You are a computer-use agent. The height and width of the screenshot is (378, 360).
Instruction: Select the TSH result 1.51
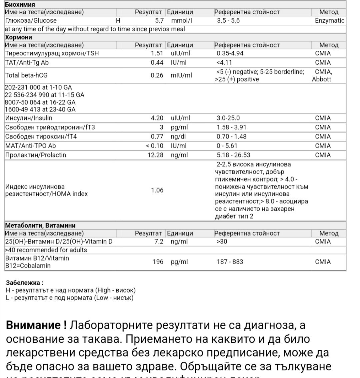click(x=157, y=53)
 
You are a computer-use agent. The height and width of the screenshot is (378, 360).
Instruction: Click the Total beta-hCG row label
click(x=26, y=75)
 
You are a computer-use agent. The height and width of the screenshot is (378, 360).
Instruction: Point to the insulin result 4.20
click(x=157, y=118)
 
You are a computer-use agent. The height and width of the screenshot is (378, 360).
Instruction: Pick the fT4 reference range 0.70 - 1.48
click(x=232, y=136)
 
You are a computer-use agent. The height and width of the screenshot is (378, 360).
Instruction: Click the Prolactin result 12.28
click(x=156, y=155)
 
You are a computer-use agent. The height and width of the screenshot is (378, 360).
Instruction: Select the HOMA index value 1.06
click(x=157, y=190)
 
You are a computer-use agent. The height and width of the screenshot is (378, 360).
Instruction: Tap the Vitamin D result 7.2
click(x=159, y=242)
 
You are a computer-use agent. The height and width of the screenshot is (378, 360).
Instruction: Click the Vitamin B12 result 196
click(x=158, y=262)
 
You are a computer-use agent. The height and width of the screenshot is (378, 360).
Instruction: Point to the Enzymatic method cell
click(x=329, y=20)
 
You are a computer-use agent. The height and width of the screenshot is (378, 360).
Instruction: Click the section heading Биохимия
click(x=20, y=5)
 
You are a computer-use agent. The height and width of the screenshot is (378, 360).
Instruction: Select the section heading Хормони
click(x=19, y=37)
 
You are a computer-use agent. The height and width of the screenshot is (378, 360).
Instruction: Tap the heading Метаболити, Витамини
click(x=40, y=226)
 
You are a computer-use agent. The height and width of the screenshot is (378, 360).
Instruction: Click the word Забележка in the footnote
click(x=24, y=283)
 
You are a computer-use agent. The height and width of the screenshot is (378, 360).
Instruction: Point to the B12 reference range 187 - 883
click(x=230, y=262)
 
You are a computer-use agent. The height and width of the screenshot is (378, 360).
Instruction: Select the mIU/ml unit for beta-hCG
click(x=181, y=75)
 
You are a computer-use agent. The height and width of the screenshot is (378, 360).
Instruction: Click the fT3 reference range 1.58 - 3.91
click(x=232, y=127)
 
